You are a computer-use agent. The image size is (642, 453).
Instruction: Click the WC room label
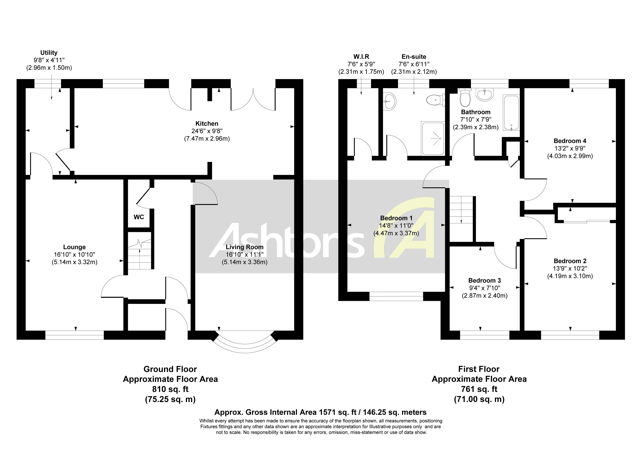pyautogui.click(x=139, y=217)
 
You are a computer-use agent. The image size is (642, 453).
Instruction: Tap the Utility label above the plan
pyautogui.click(x=49, y=53)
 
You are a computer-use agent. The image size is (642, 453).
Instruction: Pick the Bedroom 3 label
pyautogui.click(x=485, y=280)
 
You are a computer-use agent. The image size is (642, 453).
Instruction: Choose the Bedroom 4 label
pyautogui.click(x=570, y=141)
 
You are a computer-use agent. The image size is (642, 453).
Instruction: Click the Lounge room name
pyautogui.click(x=74, y=247)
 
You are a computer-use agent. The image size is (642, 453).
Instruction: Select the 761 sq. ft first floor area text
pyautogui.click(x=479, y=389)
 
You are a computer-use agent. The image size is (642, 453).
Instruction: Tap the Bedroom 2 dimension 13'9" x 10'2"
pyautogui.click(x=570, y=268)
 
